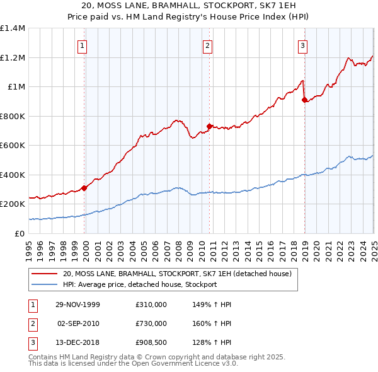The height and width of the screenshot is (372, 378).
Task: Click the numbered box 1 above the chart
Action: pos(83,45)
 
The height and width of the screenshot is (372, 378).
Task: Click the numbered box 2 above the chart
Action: pos(207,45)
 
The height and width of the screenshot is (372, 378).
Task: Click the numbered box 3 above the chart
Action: pos(303,45)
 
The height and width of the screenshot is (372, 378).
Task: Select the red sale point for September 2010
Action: pos(209,126)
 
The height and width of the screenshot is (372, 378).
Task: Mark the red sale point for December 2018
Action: pos(305,100)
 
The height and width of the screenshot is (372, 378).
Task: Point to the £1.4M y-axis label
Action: pos(13,28)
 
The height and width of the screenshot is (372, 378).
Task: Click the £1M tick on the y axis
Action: pos(16,87)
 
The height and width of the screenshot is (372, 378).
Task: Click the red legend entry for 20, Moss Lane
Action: pos(176,274)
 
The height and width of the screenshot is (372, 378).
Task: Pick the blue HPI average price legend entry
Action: pos(139,284)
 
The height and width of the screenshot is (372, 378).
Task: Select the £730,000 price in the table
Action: pos(151,323)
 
